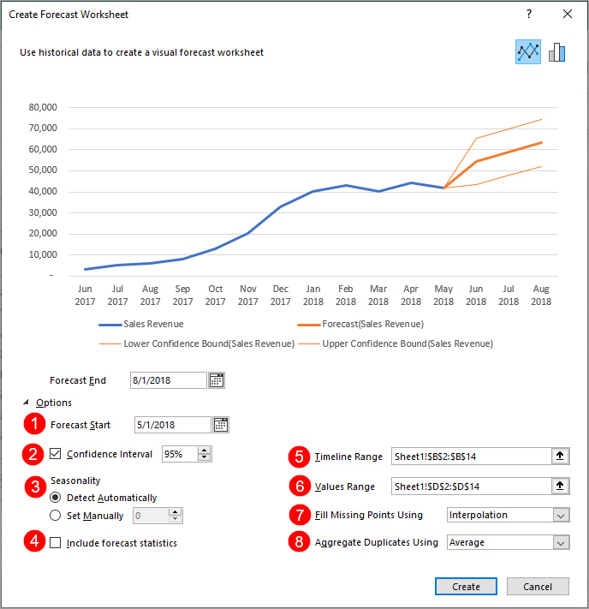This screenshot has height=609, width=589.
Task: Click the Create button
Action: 466,587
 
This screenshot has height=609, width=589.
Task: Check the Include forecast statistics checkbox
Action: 56,543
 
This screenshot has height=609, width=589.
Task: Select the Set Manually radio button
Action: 56,516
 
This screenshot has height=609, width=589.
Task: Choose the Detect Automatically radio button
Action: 56,498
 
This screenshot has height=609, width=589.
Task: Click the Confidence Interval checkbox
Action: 56,454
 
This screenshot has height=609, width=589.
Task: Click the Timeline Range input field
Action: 471,457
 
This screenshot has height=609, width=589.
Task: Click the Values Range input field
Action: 471,487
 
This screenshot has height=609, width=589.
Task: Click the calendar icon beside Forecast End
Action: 217,380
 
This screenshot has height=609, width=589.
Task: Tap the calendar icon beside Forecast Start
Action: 221,425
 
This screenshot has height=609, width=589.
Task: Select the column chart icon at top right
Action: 557,52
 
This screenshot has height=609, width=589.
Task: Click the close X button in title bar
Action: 568,15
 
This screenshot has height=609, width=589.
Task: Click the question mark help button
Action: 529,15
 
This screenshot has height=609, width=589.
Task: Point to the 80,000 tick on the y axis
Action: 41,107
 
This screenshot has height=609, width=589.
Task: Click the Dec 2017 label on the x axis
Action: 281,296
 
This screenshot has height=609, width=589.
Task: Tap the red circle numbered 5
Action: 298,457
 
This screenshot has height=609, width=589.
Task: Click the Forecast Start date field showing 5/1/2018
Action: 172,425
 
